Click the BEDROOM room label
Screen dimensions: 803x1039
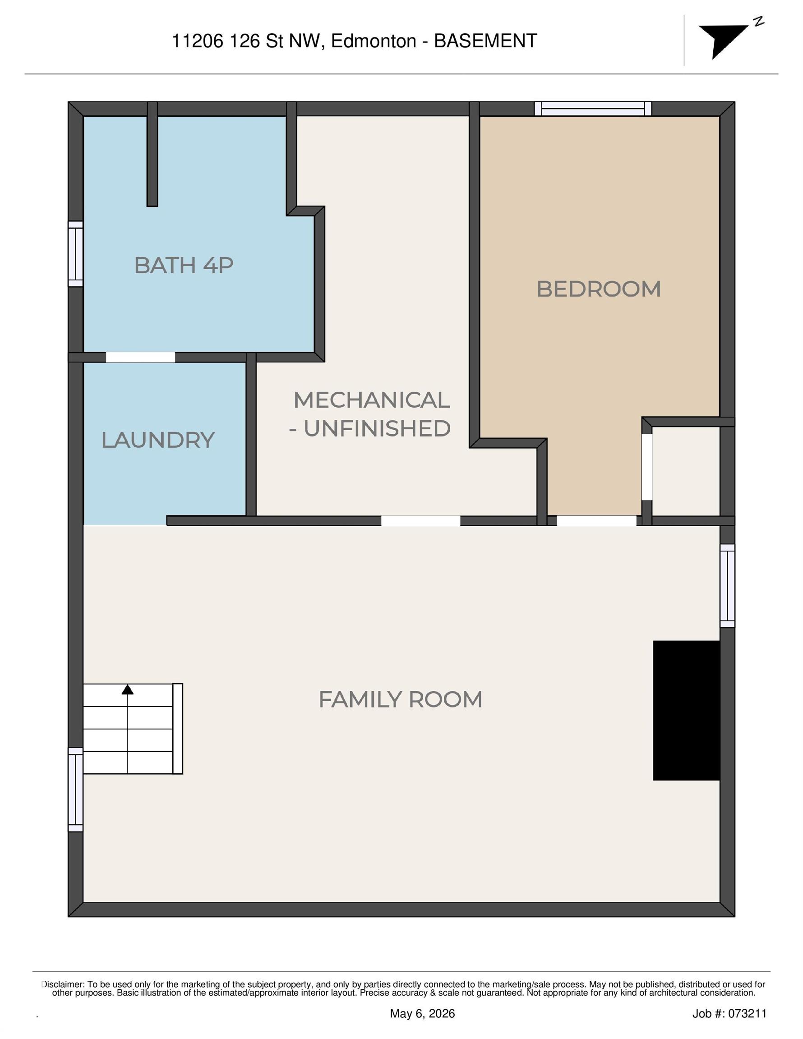(x=598, y=289)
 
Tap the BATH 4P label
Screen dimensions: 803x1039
(x=184, y=265)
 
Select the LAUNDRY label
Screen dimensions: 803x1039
(x=158, y=440)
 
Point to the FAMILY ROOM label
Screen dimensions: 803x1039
(x=400, y=699)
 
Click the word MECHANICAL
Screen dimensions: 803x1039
(x=372, y=400)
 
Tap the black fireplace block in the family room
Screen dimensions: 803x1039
(x=686, y=710)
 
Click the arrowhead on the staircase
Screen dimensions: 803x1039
(x=127, y=690)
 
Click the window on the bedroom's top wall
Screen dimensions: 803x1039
(x=593, y=109)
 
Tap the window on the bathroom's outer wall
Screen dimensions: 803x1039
(x=76, y=254)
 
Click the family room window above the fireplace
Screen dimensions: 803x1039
(x=727, y=586)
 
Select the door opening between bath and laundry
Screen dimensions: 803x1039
(x=140, y=357)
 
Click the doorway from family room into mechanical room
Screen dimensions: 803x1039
(x=421, y=520)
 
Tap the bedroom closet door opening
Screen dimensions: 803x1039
(x=647, y=467)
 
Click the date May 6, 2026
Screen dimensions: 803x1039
(x=422, y=1014)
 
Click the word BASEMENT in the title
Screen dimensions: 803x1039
(x=485, y=41)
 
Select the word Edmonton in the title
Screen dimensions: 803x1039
(x=374, y=41)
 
